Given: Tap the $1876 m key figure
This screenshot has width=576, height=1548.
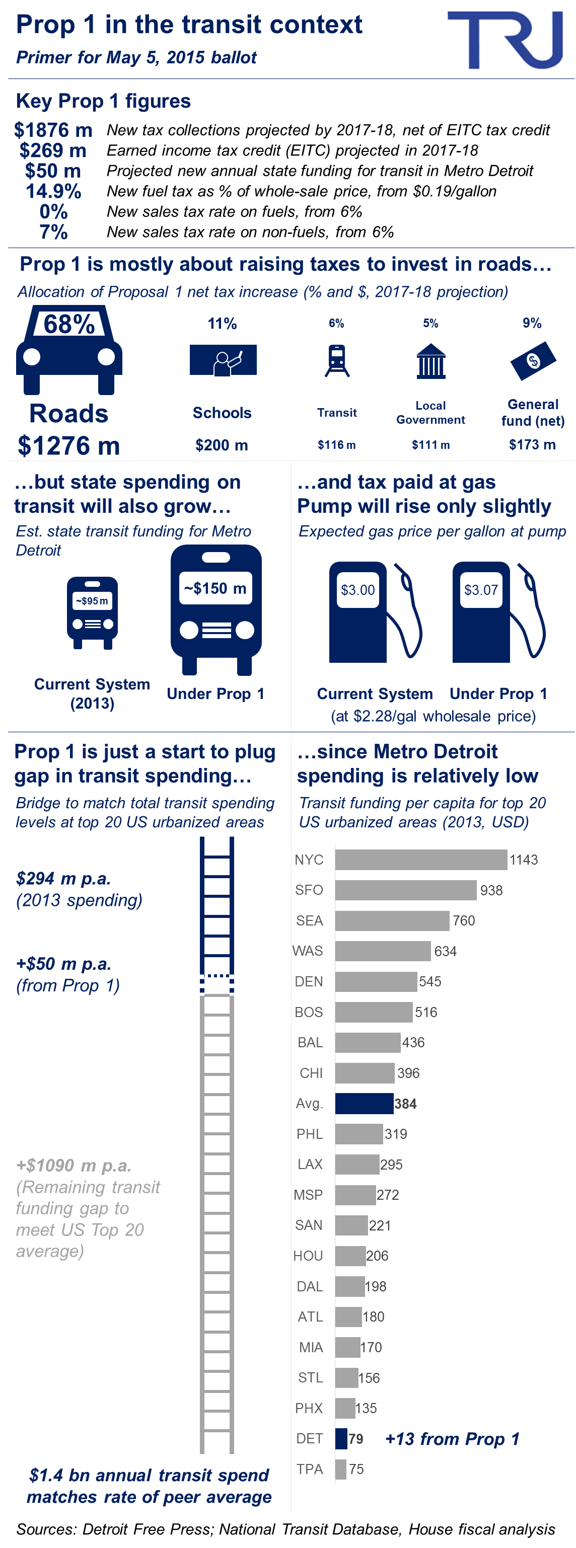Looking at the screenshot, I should click(53, 130).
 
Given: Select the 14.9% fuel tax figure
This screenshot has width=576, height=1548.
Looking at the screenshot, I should click(53, 191).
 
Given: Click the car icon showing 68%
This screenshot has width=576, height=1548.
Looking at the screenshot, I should click(69, 350).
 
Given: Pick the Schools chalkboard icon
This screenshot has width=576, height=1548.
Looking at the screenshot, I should click(223, 360).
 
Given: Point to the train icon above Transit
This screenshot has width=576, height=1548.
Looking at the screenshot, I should click(337, 360).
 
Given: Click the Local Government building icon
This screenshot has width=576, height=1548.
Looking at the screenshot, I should click(430, 361).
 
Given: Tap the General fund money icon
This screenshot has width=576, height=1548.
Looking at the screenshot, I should click(533, 360).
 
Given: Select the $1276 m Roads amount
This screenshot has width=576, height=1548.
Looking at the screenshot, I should click(68, 445).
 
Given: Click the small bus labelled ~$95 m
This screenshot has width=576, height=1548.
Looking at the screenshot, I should click(92, 613).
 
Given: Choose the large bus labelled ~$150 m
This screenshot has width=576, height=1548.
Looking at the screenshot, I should click(216, 609).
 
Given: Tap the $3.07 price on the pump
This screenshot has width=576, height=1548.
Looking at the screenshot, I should click(481, 590).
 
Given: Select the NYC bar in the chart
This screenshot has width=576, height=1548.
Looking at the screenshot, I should click(421, 860).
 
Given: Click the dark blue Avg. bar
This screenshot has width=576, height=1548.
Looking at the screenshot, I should click(364, 1103).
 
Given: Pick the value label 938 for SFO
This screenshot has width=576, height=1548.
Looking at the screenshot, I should click(491, 890).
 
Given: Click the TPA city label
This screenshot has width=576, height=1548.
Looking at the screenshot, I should click(310, 1468).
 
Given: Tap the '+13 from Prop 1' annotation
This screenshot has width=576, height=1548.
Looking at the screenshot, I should click(452, 1439).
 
